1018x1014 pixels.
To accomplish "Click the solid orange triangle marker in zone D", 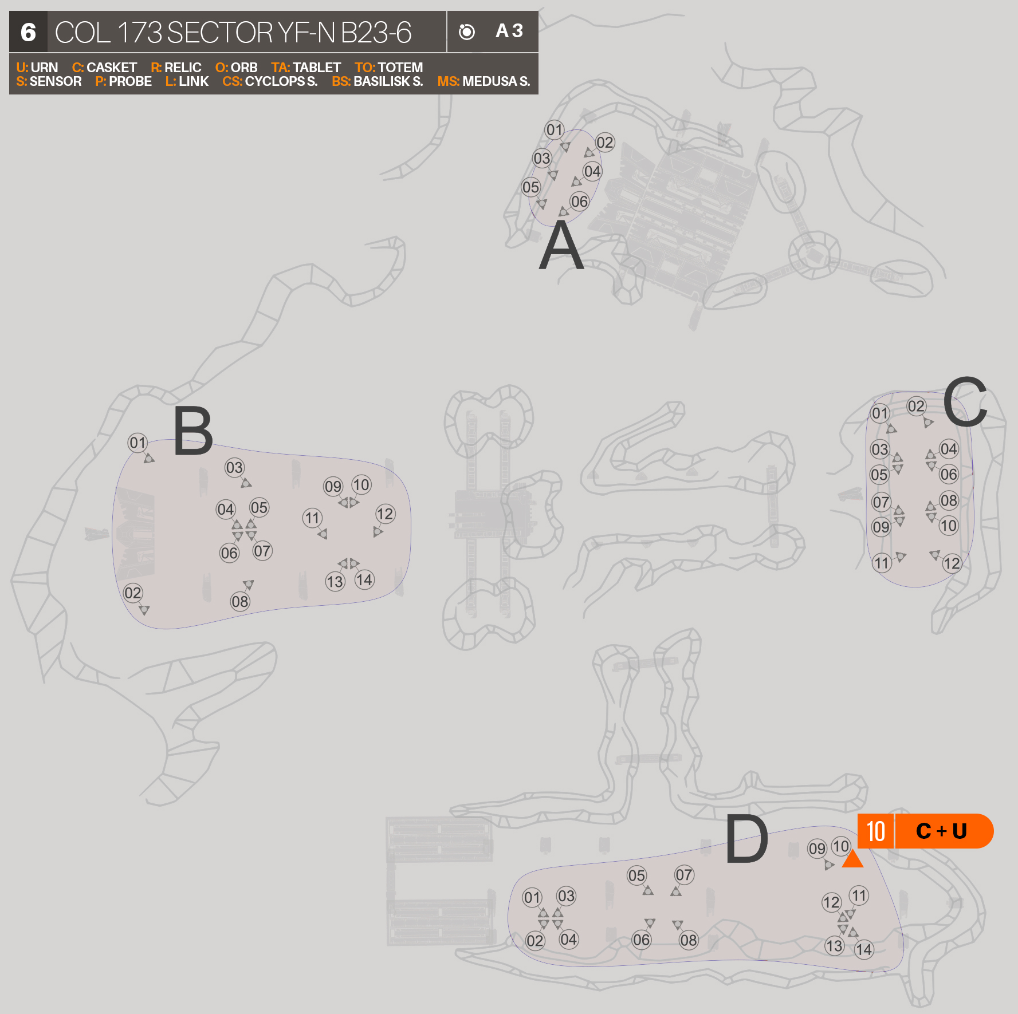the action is click(x=852, y=859).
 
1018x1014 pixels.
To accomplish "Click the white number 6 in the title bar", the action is click(x=28, y=32).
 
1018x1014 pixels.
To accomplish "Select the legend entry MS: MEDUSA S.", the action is click(x=484, y=81).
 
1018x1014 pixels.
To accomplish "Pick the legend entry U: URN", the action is click(x=37, y=68).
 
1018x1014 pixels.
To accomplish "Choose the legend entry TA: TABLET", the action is click(x=306, y=68).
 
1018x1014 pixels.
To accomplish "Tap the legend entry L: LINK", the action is click(x=187, y=81).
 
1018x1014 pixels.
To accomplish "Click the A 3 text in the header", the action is click(x=509, y=31).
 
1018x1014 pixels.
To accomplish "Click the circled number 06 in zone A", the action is click(x=579, y=201).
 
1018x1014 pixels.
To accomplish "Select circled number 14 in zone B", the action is click(x=364, y=580).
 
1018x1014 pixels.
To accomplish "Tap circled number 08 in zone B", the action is click(x=239, y=601).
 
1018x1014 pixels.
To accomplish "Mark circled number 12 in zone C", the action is click(x=951, y=563).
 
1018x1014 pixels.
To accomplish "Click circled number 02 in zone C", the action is click(x=916, y=406).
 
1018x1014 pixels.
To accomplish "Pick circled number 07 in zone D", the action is click(x=684, y=875).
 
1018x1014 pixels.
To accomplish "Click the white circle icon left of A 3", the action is click(x=467, y=32).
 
